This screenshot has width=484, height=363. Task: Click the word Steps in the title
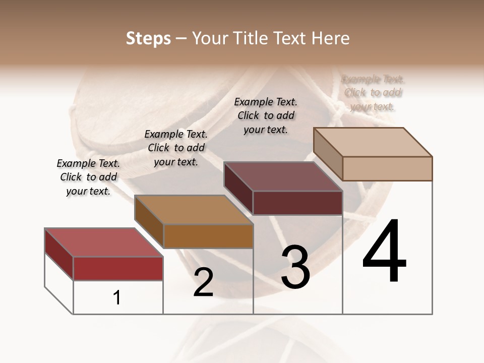tap(148, 38)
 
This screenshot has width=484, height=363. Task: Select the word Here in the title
tap(330, 38)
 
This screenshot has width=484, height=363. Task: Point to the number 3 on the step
tap(295, 267)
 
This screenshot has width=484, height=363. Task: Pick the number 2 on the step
tap(203, 282)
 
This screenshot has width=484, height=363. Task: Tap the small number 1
tap(117, 298)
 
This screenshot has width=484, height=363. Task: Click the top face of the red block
tap(103, 243)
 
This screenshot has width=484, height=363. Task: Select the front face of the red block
tap(118, 268)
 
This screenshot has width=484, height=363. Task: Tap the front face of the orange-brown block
tap(208, 236)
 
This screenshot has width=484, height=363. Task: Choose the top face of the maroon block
tap(283, 176)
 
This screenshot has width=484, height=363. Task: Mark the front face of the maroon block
tap(297, 203)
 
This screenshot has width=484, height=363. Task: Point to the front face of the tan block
tap(387, 168)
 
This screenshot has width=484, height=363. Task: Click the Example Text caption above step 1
tap(88, 177)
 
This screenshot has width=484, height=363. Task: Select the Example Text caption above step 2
tap(176, 148)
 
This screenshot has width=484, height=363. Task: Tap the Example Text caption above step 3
tap(266, 115)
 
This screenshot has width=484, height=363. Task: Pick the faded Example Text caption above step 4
tap(373, 93)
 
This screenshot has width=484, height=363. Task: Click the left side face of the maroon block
tap(238, 188)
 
